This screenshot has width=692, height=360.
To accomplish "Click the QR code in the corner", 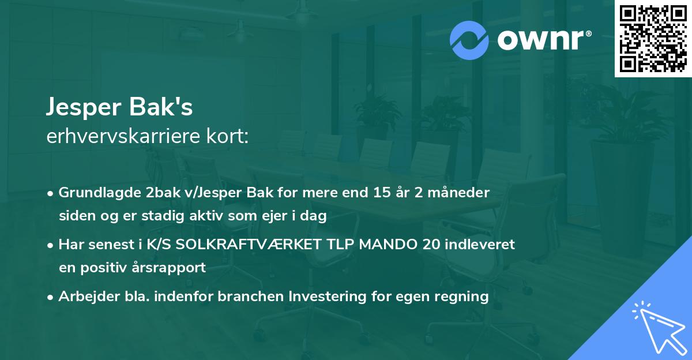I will pos(653,39).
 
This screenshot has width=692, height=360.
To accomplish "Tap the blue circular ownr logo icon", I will pos(469,40).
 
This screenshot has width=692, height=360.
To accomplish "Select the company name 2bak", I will pos(157,193).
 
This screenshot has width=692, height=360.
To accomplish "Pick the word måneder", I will pos(462,193).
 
